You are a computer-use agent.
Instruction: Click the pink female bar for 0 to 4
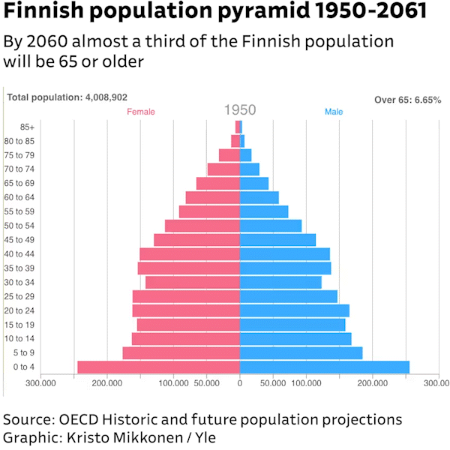[158, 367]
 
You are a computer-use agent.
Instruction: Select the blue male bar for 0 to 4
[325, 367]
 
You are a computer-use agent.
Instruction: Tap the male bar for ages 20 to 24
[295, 310]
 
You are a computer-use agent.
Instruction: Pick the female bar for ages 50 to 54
[202, 226]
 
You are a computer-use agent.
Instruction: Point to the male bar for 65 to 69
[254, 183]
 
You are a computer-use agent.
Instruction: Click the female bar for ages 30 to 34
[193, 282]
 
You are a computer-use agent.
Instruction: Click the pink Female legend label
[141, 112]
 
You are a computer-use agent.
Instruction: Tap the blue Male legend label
[334, 112]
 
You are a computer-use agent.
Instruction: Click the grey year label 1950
[240, 110]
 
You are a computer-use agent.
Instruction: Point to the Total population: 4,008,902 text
[67, 97]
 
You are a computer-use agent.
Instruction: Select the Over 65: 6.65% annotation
[408, 100]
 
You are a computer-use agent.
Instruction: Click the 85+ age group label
[25, 127]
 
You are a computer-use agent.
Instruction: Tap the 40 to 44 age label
[19, 254]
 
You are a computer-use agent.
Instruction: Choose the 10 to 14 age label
[19, 338]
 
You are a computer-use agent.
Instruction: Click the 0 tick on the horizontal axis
[240, 383]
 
